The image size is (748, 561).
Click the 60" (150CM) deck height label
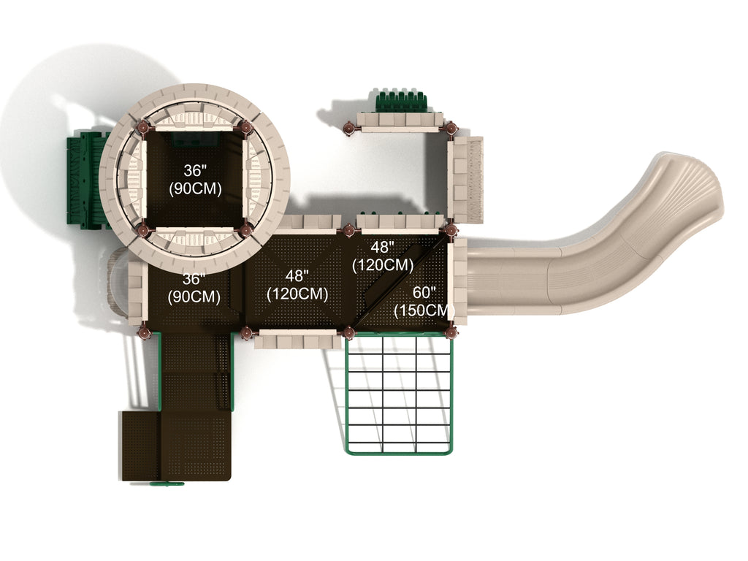coord(424,302)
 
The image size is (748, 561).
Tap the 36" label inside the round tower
coord(195,171)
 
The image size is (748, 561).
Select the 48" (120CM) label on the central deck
coord(297,285)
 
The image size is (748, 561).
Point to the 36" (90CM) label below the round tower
coord(194,288)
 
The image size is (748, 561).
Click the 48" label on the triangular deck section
coord(383,247)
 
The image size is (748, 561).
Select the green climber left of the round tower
coord(86,180)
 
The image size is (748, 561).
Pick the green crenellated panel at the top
coord(401,101)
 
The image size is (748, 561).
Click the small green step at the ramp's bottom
coord(167,484)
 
